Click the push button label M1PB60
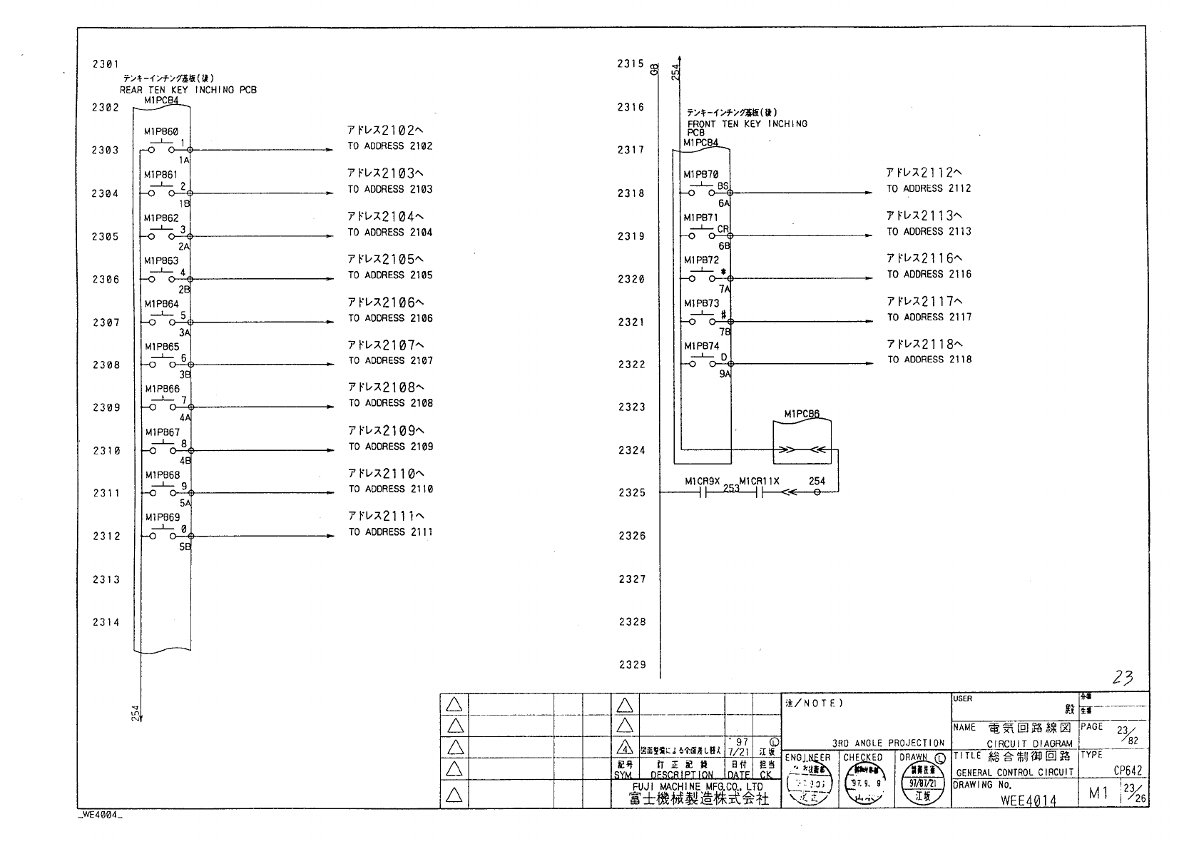(161, 132)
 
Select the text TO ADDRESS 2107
(390, 361)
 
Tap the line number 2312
(106, 537)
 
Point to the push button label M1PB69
(163, 517)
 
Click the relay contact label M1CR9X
(703, 482)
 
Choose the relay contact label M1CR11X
(759, 482)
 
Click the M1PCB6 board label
(802, 414)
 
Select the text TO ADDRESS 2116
(929, 275)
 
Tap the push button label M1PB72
(702, 260)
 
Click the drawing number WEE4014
(1029, 800)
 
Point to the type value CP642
(1128, 771)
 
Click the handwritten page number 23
(1123, 678)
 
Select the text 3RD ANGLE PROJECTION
(888, 743)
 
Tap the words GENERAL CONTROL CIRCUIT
(1014, 773)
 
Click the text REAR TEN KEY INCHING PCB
(188, 90)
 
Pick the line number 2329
(632, 665)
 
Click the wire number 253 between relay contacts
(731, 489)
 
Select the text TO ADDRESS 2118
(929, 360)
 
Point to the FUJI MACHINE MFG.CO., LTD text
(695, 787)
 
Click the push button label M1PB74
(702, 346)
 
